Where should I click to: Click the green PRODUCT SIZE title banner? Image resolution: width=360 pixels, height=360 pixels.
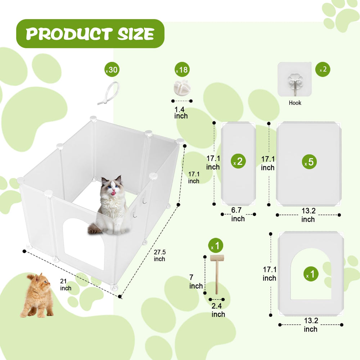click(90, 33)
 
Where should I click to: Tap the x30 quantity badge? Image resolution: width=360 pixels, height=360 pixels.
click(112, 69)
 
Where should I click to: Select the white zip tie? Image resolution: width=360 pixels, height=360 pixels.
click(109, 93)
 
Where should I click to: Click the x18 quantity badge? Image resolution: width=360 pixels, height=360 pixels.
click(182, 69)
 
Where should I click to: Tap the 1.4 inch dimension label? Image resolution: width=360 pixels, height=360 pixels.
click(181, 112)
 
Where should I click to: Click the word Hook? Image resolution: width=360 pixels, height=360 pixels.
click(295, 103)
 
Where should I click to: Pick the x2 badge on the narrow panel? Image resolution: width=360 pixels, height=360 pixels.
click(238, 161)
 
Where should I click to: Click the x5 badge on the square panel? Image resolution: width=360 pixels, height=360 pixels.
click(309, 162)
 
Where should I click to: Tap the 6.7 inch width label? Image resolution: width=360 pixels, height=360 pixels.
click(238, 215)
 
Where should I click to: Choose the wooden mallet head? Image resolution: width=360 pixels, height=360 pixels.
click(217, 258)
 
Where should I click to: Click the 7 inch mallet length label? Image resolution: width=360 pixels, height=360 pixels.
click(195, 282)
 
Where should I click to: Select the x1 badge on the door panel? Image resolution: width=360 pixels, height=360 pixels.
click(311, 274)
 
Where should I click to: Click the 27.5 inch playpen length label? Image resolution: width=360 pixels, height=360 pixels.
click(159, 256)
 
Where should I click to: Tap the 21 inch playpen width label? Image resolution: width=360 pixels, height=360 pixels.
click(66, 285)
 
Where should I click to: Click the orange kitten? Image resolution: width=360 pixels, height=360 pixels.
click(37, 295)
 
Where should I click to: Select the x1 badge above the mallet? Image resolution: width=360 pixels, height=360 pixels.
click(216, 246)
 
